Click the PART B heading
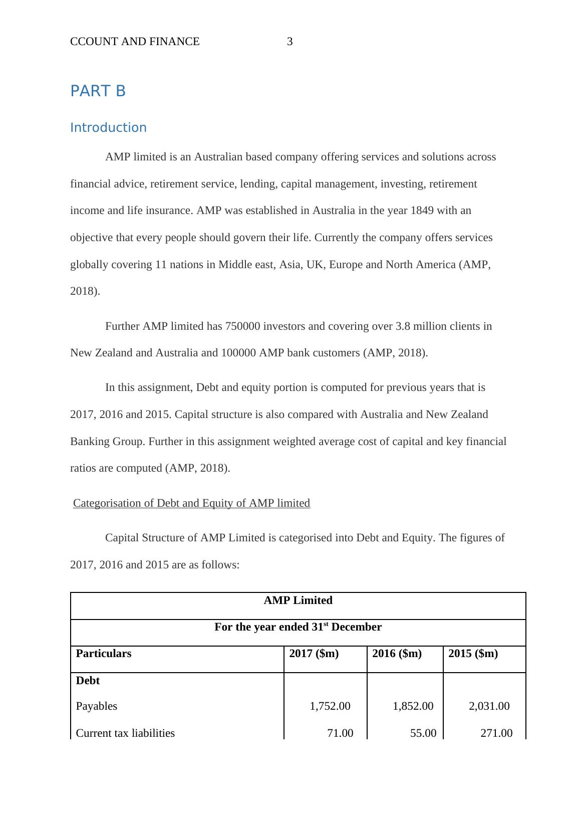[98, 91]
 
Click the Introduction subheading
[108, 128]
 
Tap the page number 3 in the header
[289, 42]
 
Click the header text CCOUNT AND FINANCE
[135, 42]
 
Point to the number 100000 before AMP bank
[238, 353]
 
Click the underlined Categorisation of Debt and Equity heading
[191, 503]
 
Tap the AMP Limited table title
[298, 600]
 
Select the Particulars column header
[103, 654]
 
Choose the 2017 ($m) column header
[314, 654]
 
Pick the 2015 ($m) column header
[473, 654]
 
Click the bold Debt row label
[88, 681]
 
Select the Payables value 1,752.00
[330, 706]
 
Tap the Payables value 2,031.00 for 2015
[489, 706]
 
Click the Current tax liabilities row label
[125, 733]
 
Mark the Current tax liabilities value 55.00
[423, 733]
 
